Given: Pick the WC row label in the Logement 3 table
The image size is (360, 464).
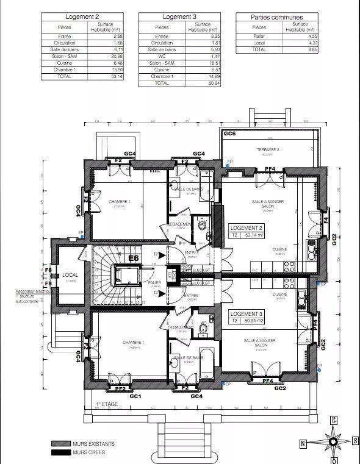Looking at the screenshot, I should click(x=162, y=55).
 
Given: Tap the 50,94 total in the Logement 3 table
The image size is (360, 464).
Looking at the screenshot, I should click(x=211, y=83).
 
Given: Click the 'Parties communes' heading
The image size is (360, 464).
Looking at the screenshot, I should click(x=277, y=17).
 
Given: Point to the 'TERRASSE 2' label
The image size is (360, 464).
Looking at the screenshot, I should click(x=268, y=149).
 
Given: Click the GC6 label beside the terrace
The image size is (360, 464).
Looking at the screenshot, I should click(x=229, y=133).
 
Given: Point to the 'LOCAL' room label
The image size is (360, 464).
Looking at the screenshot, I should click(x=70, y=275).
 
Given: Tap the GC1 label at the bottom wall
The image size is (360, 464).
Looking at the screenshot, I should click(x=135, y=396).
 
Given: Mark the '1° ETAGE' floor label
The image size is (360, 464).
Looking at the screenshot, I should click(x=106, y=404).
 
